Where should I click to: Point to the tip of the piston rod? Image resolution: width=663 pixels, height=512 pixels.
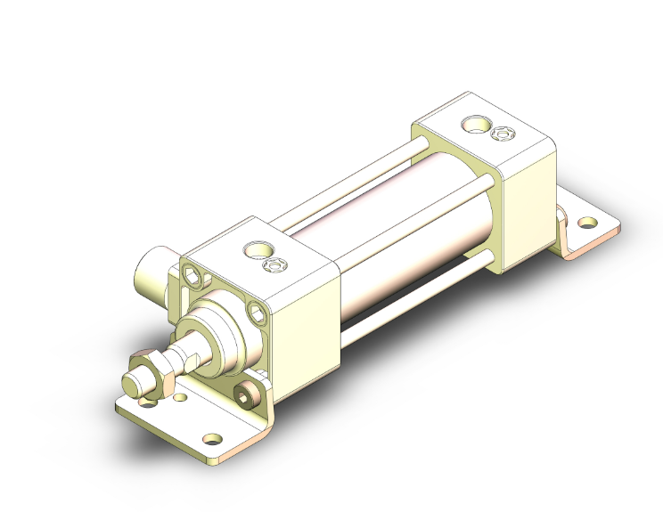pos(131,384)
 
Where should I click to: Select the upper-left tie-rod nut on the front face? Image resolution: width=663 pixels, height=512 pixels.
pos(193,280)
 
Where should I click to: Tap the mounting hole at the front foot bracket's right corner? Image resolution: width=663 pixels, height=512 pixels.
pos(212,438)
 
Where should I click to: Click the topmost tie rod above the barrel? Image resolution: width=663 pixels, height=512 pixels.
pos(356,178)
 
